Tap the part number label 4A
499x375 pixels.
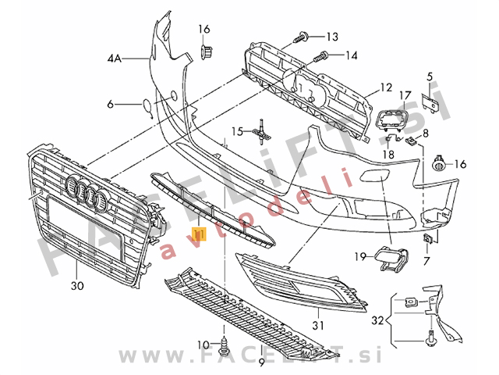pos(116,58)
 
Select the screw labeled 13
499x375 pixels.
pos(303,36)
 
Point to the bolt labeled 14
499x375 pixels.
pos(320,56)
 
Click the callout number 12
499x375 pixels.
pos(387,87)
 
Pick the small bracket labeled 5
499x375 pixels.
pos(428,102)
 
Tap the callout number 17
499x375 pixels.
pos(405,95)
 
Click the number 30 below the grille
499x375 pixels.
pos(76,286)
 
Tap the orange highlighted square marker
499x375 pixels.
pos(199,234)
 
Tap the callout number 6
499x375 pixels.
pos(110,104)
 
